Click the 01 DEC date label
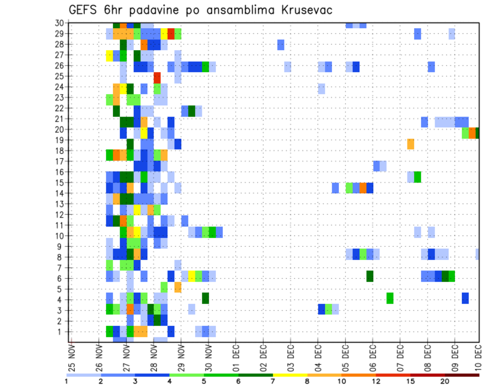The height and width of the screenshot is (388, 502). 236,357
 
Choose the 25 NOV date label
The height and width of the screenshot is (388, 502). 72,357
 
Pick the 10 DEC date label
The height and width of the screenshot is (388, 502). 478,357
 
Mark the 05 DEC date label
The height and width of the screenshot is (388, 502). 345,357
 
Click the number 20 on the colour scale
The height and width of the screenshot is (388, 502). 445,381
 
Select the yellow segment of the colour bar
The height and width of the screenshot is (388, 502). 290,374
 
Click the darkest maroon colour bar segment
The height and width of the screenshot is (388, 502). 462,374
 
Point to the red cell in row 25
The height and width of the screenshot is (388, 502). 157,76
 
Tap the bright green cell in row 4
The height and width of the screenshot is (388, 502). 390,298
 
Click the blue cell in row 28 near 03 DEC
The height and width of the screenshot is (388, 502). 281,45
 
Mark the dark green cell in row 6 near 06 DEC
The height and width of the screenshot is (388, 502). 370,276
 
